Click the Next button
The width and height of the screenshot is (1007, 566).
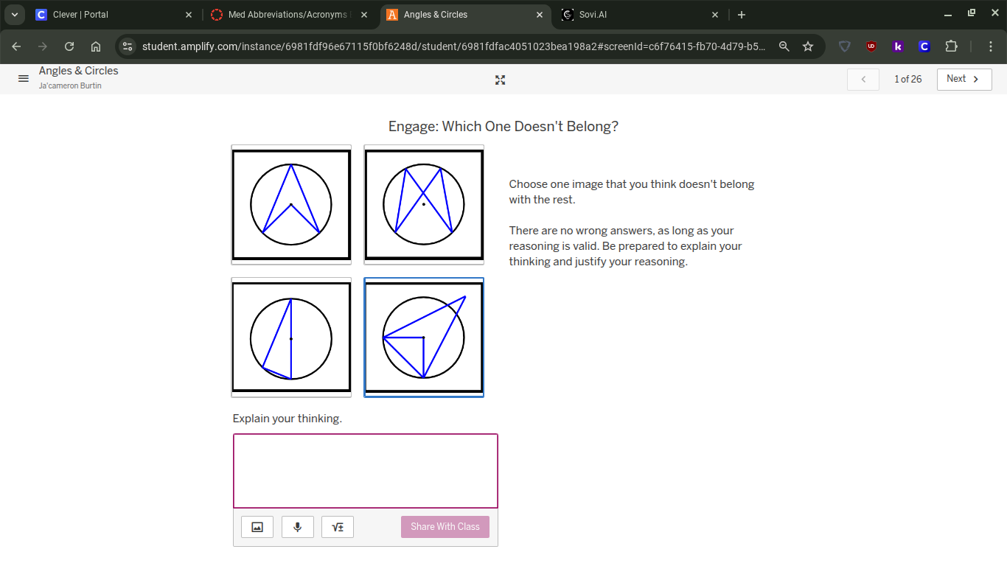(x=964, y=79)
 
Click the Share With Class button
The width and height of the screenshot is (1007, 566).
(x=445, y=527)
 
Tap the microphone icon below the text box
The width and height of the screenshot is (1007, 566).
(x=298, y=527)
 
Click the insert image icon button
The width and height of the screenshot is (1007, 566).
(x=257, y=527)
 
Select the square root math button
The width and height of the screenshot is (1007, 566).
(x=338, y=527)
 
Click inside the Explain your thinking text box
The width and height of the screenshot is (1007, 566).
(x=366, y=471)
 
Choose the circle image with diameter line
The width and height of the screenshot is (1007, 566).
(x=291, y=338)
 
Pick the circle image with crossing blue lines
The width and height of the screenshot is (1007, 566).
(x=424, y=204)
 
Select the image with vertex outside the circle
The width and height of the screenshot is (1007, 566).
(x=424, y=338)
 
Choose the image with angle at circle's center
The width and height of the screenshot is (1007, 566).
(x=291, y=204)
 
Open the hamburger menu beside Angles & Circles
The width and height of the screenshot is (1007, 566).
(x=24, y=78)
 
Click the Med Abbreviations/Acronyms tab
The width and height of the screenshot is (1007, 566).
(x=288, y=15)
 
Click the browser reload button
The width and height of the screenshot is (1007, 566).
(x=69, y=46)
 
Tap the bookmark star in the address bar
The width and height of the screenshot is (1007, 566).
(x=808, y=46)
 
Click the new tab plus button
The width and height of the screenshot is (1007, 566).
(x=742, y=15)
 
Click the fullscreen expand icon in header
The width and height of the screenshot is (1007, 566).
(x=501, y=80)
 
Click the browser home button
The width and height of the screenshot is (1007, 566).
(x=96, y=46)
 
